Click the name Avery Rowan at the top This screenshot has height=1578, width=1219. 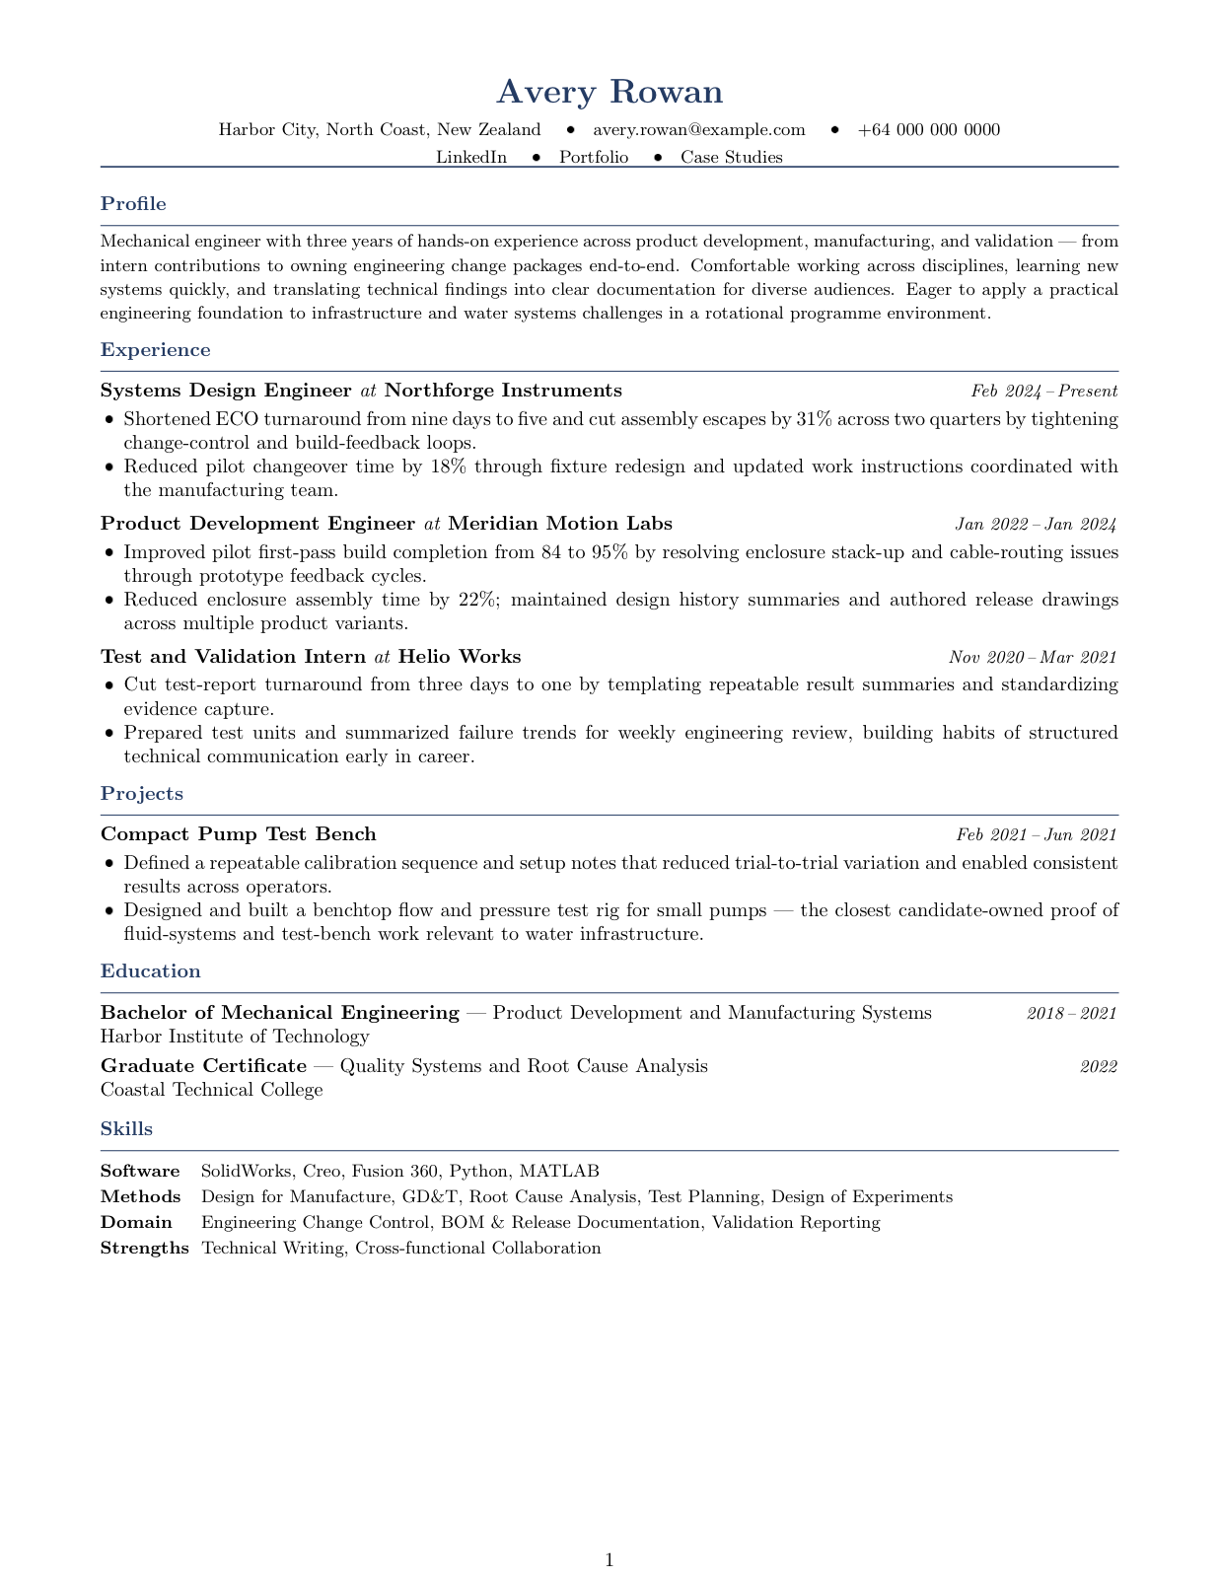point(609,92)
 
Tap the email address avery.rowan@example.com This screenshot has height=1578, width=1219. point(699,130)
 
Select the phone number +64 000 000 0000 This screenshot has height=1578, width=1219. point(929,130)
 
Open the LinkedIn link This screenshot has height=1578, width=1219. point(471,158)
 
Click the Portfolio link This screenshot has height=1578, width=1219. point(594,158)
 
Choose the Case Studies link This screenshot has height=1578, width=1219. point(732,158)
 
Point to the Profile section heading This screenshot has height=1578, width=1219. point(133,204)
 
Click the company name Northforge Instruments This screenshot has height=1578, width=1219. point(503,391)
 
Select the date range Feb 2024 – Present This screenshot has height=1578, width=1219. point(1043,392)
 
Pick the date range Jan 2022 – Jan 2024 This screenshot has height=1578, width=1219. point(1036,525)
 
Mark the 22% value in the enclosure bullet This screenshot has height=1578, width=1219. point(477,600)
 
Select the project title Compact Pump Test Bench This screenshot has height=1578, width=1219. point(239,834)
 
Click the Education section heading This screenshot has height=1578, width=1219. point(150,971)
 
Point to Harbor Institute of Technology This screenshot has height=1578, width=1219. point(235,1037)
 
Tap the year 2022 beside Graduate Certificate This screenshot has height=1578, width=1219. point(1098,1066)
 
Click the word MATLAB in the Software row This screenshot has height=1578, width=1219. point(559,1172)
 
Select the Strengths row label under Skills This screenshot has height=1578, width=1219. point(144,1249)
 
